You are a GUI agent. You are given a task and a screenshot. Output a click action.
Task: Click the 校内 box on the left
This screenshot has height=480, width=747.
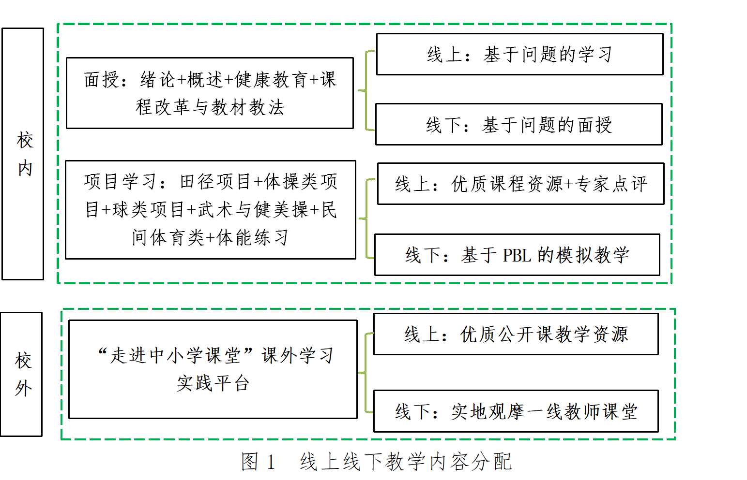point(23,154)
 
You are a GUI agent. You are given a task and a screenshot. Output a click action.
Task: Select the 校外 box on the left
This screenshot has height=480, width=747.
point(22,374)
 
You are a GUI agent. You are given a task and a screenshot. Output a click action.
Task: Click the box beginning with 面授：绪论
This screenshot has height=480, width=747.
point(210,93)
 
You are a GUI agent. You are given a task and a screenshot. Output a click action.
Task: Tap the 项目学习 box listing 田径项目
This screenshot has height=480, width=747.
point(210,210)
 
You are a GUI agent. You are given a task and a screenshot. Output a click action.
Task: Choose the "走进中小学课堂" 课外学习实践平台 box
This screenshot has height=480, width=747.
point(213,369)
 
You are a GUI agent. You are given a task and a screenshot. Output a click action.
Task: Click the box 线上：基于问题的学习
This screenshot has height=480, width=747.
point(519,54)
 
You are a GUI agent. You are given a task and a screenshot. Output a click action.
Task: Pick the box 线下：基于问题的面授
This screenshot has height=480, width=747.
point(518,125)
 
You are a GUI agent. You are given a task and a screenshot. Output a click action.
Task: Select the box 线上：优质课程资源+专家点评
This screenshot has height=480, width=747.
point(520,184)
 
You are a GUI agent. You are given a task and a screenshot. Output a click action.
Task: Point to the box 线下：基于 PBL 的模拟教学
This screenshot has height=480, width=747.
point(517,255)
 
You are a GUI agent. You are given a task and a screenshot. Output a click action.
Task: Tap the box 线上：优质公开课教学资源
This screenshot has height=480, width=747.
point(516,334)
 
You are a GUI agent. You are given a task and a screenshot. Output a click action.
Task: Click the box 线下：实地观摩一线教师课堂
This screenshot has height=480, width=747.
point(516,411)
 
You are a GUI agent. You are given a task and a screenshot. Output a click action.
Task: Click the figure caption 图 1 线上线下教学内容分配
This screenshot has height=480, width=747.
point(376,462)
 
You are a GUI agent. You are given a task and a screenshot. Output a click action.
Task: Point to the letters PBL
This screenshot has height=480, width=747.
point(517,255)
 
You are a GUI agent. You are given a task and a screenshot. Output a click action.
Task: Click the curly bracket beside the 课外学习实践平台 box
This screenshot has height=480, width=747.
point(366,373)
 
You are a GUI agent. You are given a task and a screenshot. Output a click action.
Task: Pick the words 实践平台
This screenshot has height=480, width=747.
point(213,383)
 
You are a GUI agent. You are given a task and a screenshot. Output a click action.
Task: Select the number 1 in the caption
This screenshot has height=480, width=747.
point(271,462)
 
